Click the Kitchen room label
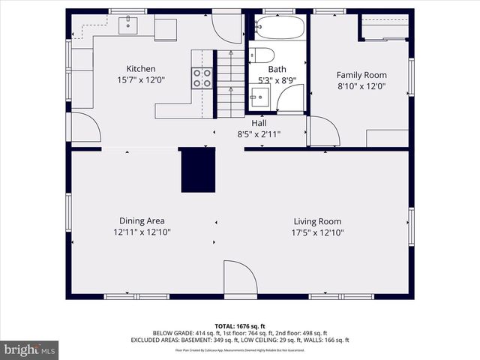click(141, 69)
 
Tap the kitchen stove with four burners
click(202, 78)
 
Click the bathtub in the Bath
click(279, 28)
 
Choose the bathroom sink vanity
click(259, 96)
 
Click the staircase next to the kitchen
click(231, 82)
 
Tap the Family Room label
click(361, 74)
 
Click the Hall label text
click(259, 123)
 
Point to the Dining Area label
click(142, 220)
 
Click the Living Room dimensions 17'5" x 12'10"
click(317, 232)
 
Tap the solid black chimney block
click(198, 169)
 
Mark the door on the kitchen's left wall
click(84, 127)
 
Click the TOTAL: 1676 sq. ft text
click(240, 326)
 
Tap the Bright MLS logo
click(30, 349)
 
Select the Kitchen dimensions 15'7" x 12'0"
click(141, 80)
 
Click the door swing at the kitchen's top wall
click(226, 28)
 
